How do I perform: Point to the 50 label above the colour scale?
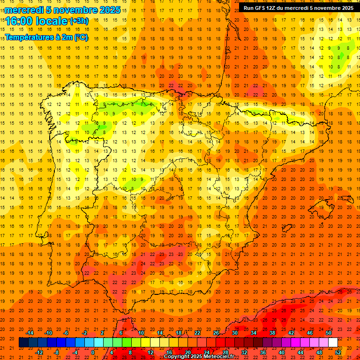(x=328, y=333)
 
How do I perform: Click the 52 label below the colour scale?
(x=337, y=352)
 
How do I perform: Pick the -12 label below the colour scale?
(x=39, y=352)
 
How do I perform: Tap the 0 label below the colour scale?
(x=93, y=352)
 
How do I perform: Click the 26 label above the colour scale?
(x=216, y=333)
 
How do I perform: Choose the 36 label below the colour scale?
(x=262, y=352)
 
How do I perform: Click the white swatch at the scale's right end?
(x=333, y=343)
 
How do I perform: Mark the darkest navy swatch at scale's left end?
(x=23, y=343)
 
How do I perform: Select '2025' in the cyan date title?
(x=108, y=10)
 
